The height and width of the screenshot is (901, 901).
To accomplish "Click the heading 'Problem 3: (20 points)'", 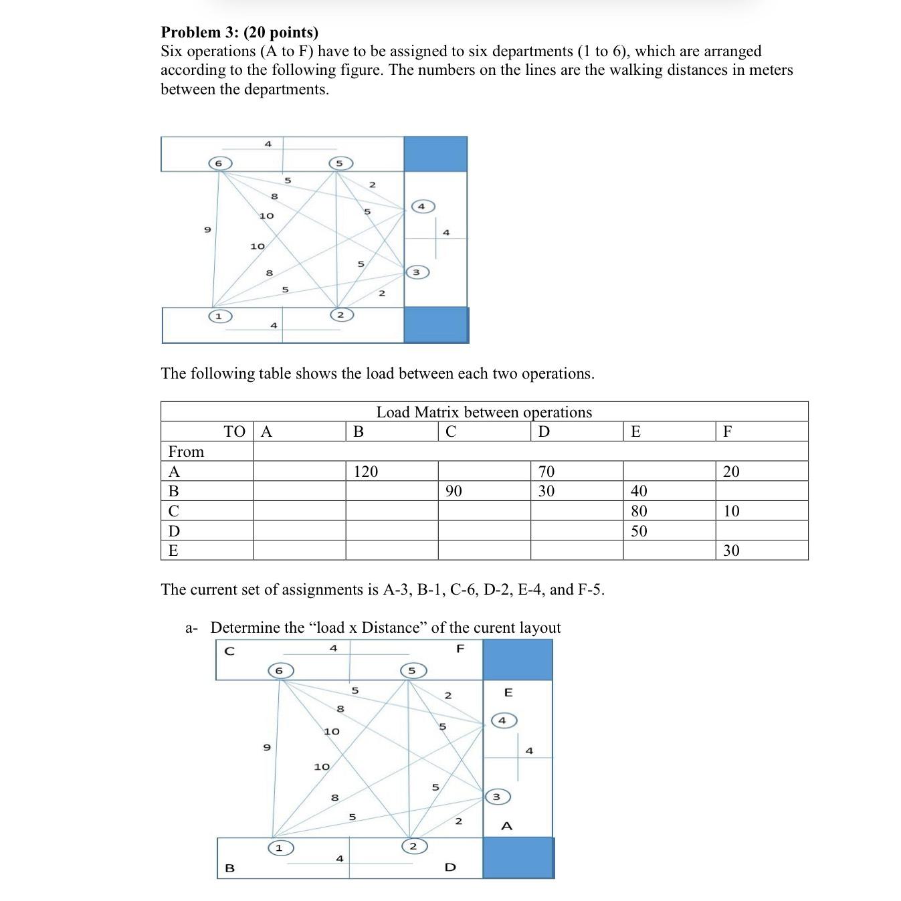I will [239, 32].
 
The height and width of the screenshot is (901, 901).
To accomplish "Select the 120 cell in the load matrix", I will [365, 472].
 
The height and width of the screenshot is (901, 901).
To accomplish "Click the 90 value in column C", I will [453, 491].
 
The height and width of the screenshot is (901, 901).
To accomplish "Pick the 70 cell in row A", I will [546, 472].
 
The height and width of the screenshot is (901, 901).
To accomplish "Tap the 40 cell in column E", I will [639, 491].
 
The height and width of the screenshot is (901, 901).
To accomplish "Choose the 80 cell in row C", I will [639, 511].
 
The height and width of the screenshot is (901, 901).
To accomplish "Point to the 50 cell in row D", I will [639, 531].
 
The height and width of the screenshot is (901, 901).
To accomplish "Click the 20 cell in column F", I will [731, 472].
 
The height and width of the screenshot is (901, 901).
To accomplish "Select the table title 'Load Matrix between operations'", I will [484, 412].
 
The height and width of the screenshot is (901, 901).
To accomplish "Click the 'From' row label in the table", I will [186, 452].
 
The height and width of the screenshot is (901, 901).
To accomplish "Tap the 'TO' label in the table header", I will [234, 431].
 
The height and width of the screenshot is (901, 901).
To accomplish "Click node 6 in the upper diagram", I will [219, 163].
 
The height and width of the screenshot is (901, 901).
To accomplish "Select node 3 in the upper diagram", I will [416, 272].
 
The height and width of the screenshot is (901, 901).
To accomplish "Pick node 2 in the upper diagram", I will [340, 314].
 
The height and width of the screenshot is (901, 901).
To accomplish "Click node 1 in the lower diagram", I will [280, 848].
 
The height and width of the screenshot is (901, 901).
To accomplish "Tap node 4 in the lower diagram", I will [503, 720].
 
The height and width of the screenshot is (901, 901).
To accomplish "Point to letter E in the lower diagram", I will [508, 692].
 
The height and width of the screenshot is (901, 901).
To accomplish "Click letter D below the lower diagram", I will [450, 868].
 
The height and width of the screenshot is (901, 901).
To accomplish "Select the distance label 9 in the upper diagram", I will [207, 229].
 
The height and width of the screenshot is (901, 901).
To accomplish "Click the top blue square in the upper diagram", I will [435, 154].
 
